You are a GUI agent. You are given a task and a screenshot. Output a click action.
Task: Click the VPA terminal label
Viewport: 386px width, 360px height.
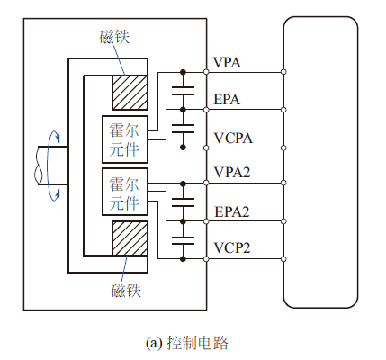coord(227,62)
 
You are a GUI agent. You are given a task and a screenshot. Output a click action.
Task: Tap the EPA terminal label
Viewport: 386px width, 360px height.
coord(227,100)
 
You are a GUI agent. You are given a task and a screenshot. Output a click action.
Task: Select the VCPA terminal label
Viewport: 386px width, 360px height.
coord(233,138)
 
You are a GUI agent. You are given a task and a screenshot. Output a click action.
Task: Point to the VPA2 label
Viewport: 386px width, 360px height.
coord(232,172)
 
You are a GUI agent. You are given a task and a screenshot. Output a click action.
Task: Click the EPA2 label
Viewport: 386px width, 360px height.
coord(232,211)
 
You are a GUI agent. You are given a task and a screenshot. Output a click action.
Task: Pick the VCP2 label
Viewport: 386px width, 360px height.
coord(232,247)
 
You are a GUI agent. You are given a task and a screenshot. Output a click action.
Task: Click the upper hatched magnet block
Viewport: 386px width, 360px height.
coord(130,93)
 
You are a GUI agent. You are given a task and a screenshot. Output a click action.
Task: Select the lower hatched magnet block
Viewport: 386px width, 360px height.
coord(130,238)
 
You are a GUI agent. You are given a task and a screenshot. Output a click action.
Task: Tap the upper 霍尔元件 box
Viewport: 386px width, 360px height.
coord(125,139)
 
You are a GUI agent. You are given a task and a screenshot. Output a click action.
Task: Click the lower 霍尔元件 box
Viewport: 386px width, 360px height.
coord(125,192)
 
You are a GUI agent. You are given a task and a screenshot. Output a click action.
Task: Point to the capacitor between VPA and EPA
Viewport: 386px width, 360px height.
coord(183,91)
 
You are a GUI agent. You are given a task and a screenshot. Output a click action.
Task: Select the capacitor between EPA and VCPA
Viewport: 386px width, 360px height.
coord(183,129)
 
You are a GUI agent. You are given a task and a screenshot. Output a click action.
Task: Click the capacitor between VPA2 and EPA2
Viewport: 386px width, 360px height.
coord(183,202)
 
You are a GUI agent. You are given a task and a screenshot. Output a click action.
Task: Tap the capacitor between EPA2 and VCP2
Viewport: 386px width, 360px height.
coord(183,240)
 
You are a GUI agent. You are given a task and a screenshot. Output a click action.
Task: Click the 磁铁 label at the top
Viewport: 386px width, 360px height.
coord(114,37)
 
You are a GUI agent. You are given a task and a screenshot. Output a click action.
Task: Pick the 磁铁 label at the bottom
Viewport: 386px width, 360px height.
coord(126,290)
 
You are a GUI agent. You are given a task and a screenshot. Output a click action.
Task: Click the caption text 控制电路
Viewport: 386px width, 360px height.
coord(198,343)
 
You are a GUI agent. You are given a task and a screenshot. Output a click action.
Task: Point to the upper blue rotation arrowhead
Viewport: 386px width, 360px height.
coord(58,139)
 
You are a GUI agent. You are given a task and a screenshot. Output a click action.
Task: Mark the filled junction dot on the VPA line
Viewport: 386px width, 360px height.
coord(183,72)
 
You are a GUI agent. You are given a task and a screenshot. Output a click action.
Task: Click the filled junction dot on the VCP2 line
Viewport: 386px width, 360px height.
coord(183,259)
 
